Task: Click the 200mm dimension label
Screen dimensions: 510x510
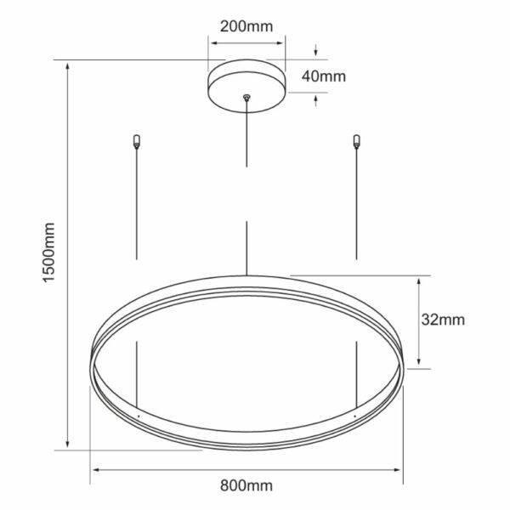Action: (246, 26)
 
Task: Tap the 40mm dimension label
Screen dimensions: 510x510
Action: (324, 76)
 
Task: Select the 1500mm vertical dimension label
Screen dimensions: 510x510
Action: (49, 252)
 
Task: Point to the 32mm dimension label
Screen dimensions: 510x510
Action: (443, 320)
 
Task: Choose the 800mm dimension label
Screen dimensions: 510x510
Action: (246, 485)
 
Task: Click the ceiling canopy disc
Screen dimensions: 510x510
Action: (246, 86)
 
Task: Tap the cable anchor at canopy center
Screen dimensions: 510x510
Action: (246, 97)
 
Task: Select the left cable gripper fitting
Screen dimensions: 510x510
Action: (137, 141)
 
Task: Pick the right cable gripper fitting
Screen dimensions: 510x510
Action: (357, 141)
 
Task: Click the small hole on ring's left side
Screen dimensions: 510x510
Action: (139, 416)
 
